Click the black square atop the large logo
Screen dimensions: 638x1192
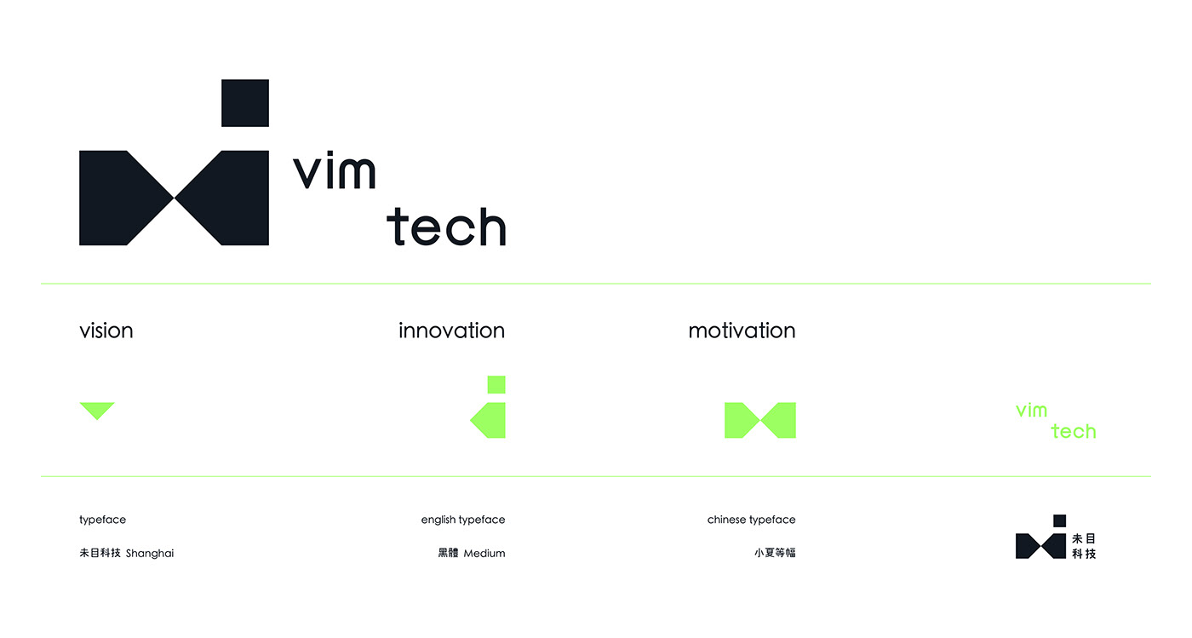pos(245,103)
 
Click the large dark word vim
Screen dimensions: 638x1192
pos(334,172)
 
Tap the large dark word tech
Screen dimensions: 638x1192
pos(446,227)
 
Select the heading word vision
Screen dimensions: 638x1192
pos(106,330)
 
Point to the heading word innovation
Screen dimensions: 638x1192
pos(451,330)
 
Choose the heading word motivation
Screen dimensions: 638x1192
pos(742,330)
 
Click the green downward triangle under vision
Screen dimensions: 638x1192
pos(97,410)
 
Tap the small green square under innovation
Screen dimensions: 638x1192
pos(496,384)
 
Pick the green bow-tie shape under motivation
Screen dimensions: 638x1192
pos(759,421)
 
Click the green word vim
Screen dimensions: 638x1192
pos(1031,411)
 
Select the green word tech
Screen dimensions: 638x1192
pos(1074,432)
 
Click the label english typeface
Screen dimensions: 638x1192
pos(463,520)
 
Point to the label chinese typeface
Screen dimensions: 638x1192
pos(751,520)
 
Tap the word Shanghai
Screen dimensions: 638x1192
pos(150,554)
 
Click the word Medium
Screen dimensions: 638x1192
pos(484,554)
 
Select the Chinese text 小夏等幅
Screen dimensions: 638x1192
pos(775,553)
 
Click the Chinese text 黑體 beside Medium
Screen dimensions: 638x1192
pos(448,554)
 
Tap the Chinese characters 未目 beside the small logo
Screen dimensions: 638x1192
pos(1084,539)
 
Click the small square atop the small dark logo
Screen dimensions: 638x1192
pos(1060,520)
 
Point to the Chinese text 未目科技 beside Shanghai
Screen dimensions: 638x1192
pos(100,554)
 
